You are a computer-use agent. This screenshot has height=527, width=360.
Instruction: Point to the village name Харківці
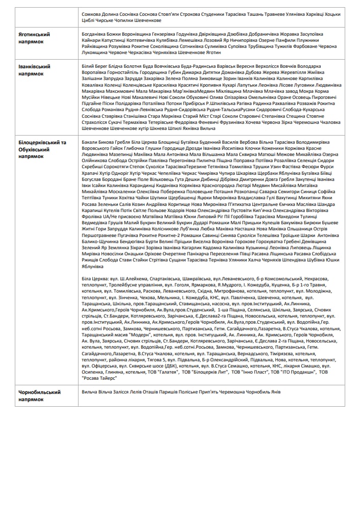tap(312, 15)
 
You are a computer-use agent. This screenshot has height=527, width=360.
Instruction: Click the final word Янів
tap(275, 392)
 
